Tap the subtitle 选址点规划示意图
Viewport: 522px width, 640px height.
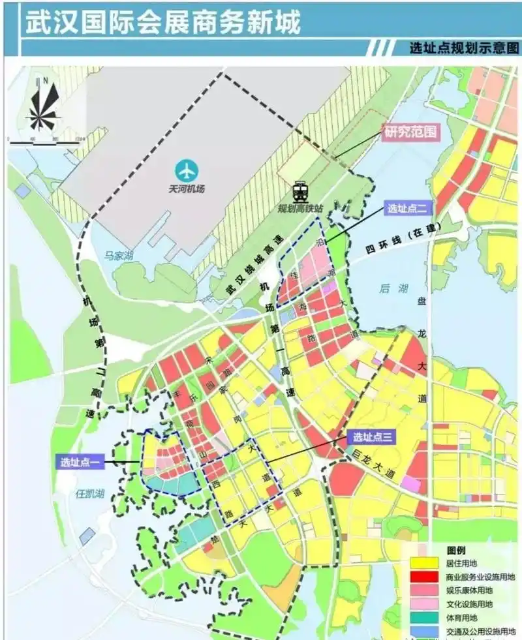pos(465,48)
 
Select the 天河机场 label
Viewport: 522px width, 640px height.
pos(187,189)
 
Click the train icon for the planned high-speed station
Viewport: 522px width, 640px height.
pos(300,191)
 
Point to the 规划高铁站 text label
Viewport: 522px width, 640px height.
pos(301,208)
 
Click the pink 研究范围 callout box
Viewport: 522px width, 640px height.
pos(408,132)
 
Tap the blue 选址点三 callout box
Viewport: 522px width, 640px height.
pos(373,438)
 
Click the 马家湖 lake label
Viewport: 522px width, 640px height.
pos(118,256)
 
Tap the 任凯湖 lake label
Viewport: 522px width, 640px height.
pos(89,494)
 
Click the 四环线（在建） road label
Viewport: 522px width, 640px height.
pos(403,241)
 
